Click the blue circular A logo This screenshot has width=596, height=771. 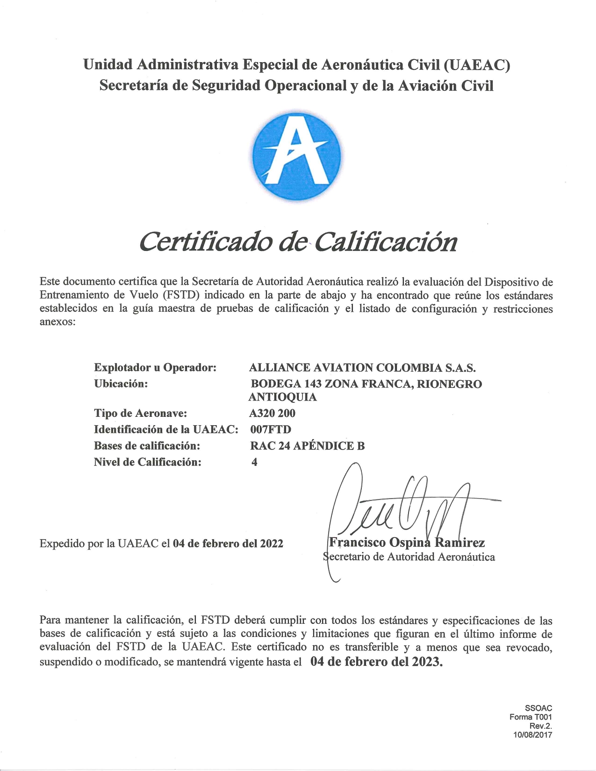click(296, 157)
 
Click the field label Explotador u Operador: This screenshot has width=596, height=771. click(155, 368)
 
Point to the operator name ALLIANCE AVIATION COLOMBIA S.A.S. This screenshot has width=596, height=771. click(363, 368)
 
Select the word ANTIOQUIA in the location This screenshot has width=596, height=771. click(282, 397)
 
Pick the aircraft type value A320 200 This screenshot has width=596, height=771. click(273, 413)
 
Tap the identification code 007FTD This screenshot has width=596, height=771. click(271, 429)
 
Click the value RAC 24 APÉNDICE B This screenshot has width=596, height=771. click(307, 446)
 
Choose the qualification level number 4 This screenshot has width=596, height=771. click(254, 462)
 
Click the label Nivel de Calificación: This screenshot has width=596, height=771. click(148, 462)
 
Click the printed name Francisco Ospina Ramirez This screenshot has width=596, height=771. click(407, 543)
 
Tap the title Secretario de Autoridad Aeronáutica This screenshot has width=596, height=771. click(409, 557)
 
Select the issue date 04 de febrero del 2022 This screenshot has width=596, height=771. click(228, 543)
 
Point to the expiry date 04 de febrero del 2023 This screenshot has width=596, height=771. click(376, 662)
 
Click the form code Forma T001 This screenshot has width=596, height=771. click(531, 717)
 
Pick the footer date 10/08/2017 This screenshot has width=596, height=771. click(532, 735)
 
